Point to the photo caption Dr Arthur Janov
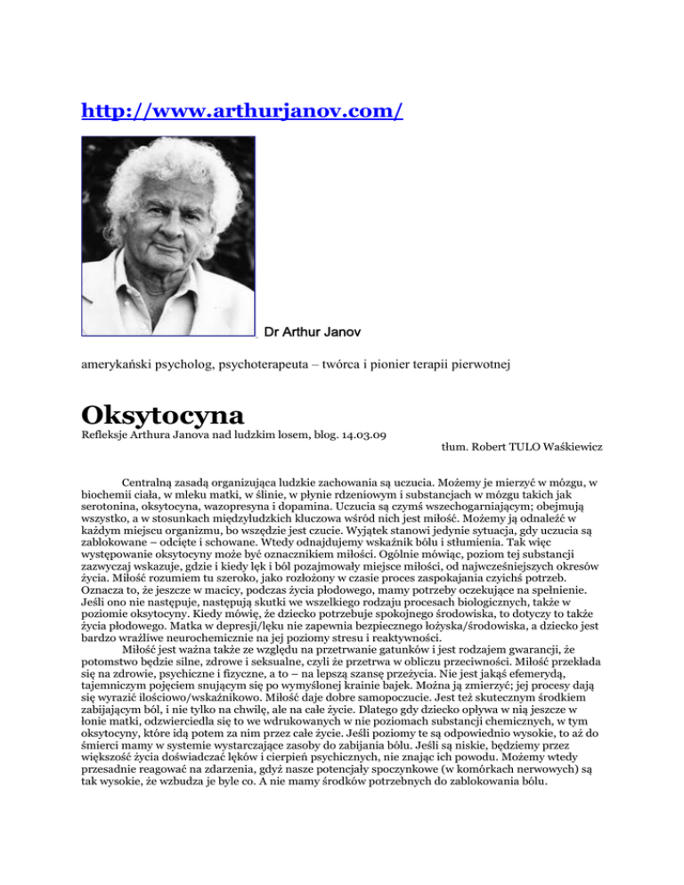[312, 332]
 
